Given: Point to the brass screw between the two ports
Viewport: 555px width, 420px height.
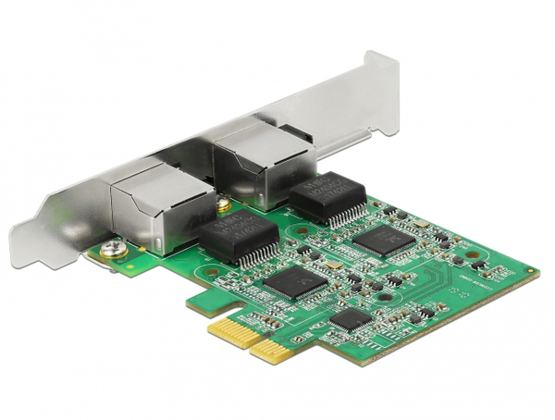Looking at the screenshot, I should coord(223,205).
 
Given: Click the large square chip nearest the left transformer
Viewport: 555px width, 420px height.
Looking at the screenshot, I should coord(293,283).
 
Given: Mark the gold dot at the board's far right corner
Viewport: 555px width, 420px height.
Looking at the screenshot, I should coord(530,273).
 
